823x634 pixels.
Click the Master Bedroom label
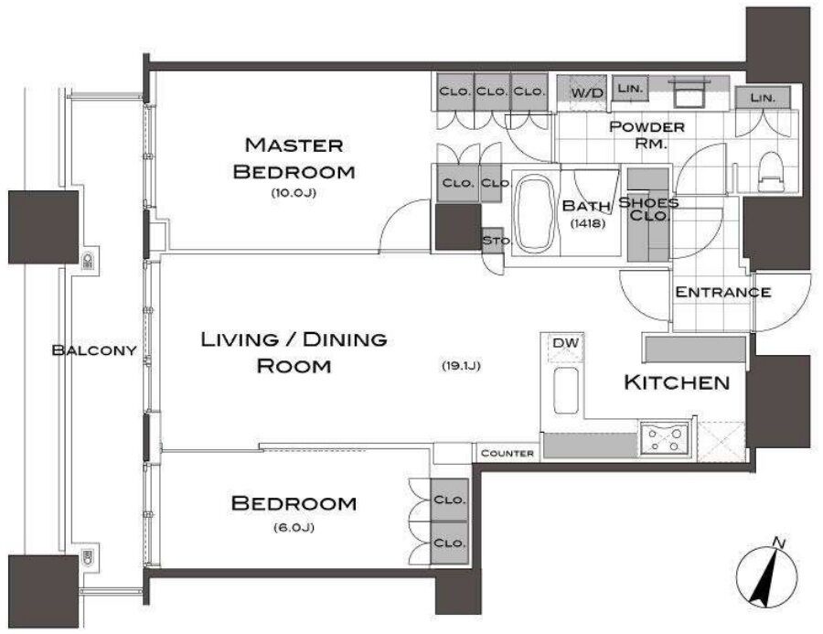pyautogui.click(x=294, y=158)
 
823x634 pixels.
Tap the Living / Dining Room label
pyautogui.click(x=294, y=352)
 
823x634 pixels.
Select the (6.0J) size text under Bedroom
pyautogui.click(x=294, y=528)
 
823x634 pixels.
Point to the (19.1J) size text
pyautogui.click(x=462, y=366)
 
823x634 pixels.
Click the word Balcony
pyautogui.click(x=94, y=350)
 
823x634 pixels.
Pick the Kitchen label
pyautogui.click(x=677, y=382)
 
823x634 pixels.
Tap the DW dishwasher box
pyautogui.click(x=566, y=348)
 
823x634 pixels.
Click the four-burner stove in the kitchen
pyautogui.click(x=665, y=440)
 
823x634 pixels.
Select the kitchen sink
pyautogui.click(x=566, y=391)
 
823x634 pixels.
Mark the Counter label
pyautogui.click(x=507, y=453)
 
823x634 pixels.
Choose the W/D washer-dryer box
pyautogui.click(x=587, y=93)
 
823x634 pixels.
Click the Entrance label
pyautogui.click(x=722, y=292)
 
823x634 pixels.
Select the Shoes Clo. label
pyautogui.click(x=648, y=209)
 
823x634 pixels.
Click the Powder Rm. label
pyautogui.click(x=647, y=134)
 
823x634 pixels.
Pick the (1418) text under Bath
pyautogui.click(x=588, y=223)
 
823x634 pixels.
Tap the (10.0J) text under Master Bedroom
pyautogui.click(x=294, y=193)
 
